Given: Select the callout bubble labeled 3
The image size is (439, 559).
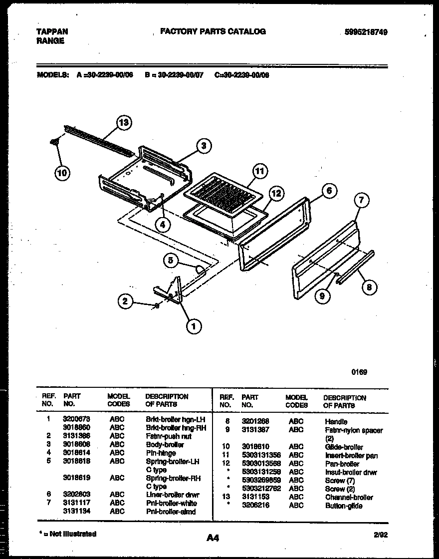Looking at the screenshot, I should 203,145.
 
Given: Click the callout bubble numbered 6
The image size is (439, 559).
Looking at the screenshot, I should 328,190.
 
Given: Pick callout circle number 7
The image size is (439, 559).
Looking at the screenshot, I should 362,201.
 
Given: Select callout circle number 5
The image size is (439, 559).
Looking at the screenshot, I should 171,260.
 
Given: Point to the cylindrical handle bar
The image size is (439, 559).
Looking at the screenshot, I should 355,268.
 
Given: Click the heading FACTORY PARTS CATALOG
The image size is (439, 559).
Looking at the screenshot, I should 213,31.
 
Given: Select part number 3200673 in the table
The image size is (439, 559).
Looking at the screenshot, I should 74,420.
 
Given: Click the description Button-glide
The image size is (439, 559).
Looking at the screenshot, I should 344,506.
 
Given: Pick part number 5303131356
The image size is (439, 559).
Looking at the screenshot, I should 261,455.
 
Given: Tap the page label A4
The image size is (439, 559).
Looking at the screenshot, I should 213,538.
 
